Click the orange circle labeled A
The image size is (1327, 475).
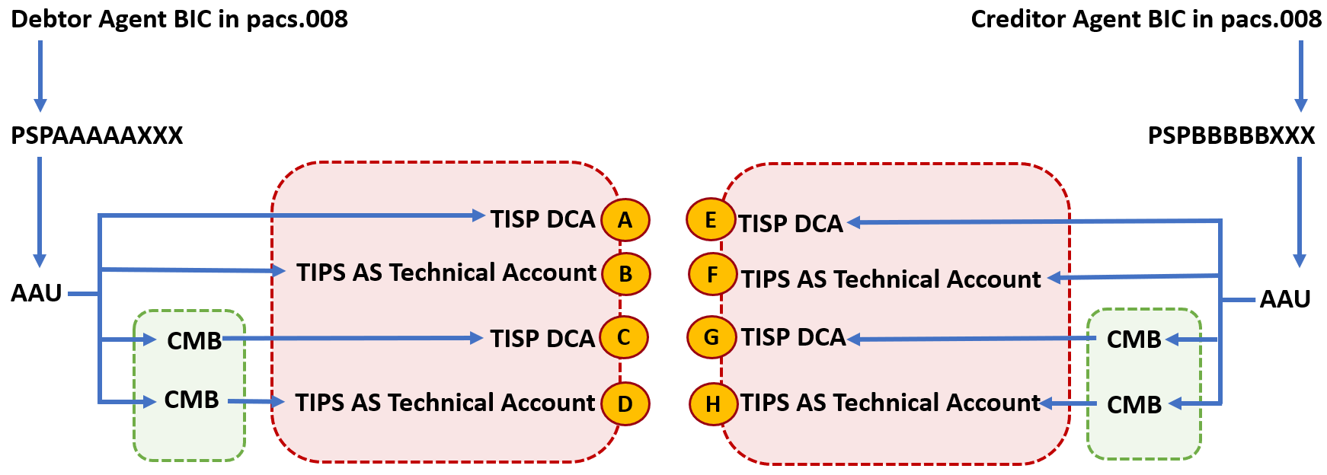pos(625,220)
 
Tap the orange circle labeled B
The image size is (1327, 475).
pos(625,274)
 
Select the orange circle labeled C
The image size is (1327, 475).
pos(624,337)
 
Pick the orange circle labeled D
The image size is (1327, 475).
pos(625,403)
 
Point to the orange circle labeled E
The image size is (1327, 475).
pos(711,220)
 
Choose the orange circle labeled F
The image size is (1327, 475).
pos(712,274)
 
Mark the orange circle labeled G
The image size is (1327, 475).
pos(711,336)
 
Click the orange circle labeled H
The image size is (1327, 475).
pos(713,404)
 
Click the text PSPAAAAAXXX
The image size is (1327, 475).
pos(97,135)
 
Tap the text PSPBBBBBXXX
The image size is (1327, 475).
pos(1231,135)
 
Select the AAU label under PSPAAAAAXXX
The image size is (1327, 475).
pos(37,293)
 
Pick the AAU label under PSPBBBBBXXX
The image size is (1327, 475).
pos(1285,299)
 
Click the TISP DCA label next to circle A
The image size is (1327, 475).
pos(542,219)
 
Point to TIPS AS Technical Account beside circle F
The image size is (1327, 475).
pos(891,279)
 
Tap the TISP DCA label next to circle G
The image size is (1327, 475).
pos(794,337)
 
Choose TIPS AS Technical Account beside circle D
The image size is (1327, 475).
pos(446,403)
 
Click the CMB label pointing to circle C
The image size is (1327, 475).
pos(194,340)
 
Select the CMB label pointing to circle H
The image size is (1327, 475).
pos(1134,405)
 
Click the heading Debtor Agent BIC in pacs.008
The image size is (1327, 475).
pos(180,19)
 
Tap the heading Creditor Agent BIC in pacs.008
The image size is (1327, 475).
pos(1146,19)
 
